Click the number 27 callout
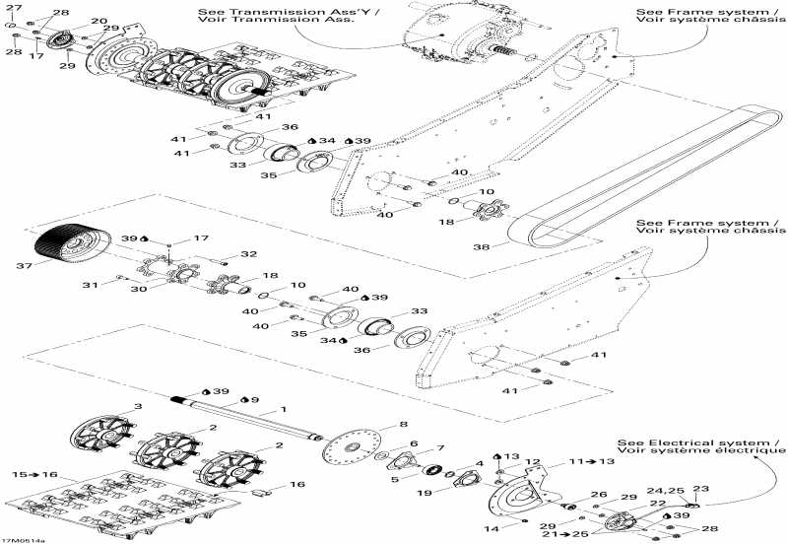coord(15,8)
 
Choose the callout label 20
coord(99,21)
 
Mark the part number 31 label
coord(90,286)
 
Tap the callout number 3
coord(138,406)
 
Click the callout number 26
coord(598,495)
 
